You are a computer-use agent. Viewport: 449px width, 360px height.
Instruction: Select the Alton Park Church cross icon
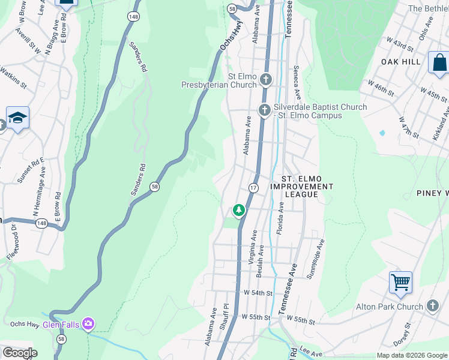click(x=433, y=307)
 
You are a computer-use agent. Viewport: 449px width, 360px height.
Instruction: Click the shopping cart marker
click(x=400, y=281)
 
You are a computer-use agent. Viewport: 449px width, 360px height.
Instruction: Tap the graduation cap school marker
click(x=18, y=118)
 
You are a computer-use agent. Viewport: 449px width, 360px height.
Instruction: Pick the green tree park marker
click(x=239, y=211)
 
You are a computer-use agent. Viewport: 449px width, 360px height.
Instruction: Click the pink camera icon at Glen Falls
click(x=89, y=325)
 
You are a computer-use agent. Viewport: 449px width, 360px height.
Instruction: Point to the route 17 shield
click(x=253, y=188)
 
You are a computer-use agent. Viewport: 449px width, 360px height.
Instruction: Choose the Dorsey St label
click(x=408, y=335)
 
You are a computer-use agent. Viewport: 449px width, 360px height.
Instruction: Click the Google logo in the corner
click(x=19, y=353)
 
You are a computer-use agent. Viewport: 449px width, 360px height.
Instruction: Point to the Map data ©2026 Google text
click(x=412, y=355)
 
